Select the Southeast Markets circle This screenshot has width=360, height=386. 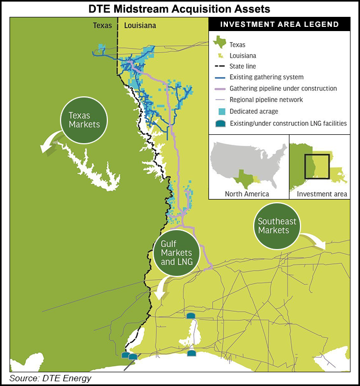(274, 226)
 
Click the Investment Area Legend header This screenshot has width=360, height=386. (279, 24)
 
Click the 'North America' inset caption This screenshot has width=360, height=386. (247, 194)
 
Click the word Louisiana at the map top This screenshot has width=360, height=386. (141, 25)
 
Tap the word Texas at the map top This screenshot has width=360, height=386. (103, 25)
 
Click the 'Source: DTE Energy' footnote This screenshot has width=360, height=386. (51, 379)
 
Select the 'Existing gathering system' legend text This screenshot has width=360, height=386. (266, 77)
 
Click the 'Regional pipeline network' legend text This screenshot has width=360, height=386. (266, 100)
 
